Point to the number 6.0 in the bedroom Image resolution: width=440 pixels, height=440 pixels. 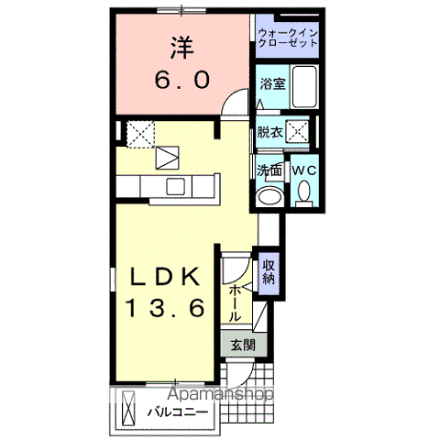(x=181, y=80)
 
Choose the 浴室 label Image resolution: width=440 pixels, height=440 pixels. (x=272, y=83)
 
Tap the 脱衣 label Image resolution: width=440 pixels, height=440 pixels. (x=269, y=131)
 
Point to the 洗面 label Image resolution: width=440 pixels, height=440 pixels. (x=269, y=170)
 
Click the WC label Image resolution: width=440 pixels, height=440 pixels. (x=302, y=170)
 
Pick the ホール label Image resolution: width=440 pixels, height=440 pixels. (x=236, y=301)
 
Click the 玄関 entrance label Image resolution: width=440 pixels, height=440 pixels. (x=243, y=346)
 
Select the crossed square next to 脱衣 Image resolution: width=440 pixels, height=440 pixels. (x=297, y=130)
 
